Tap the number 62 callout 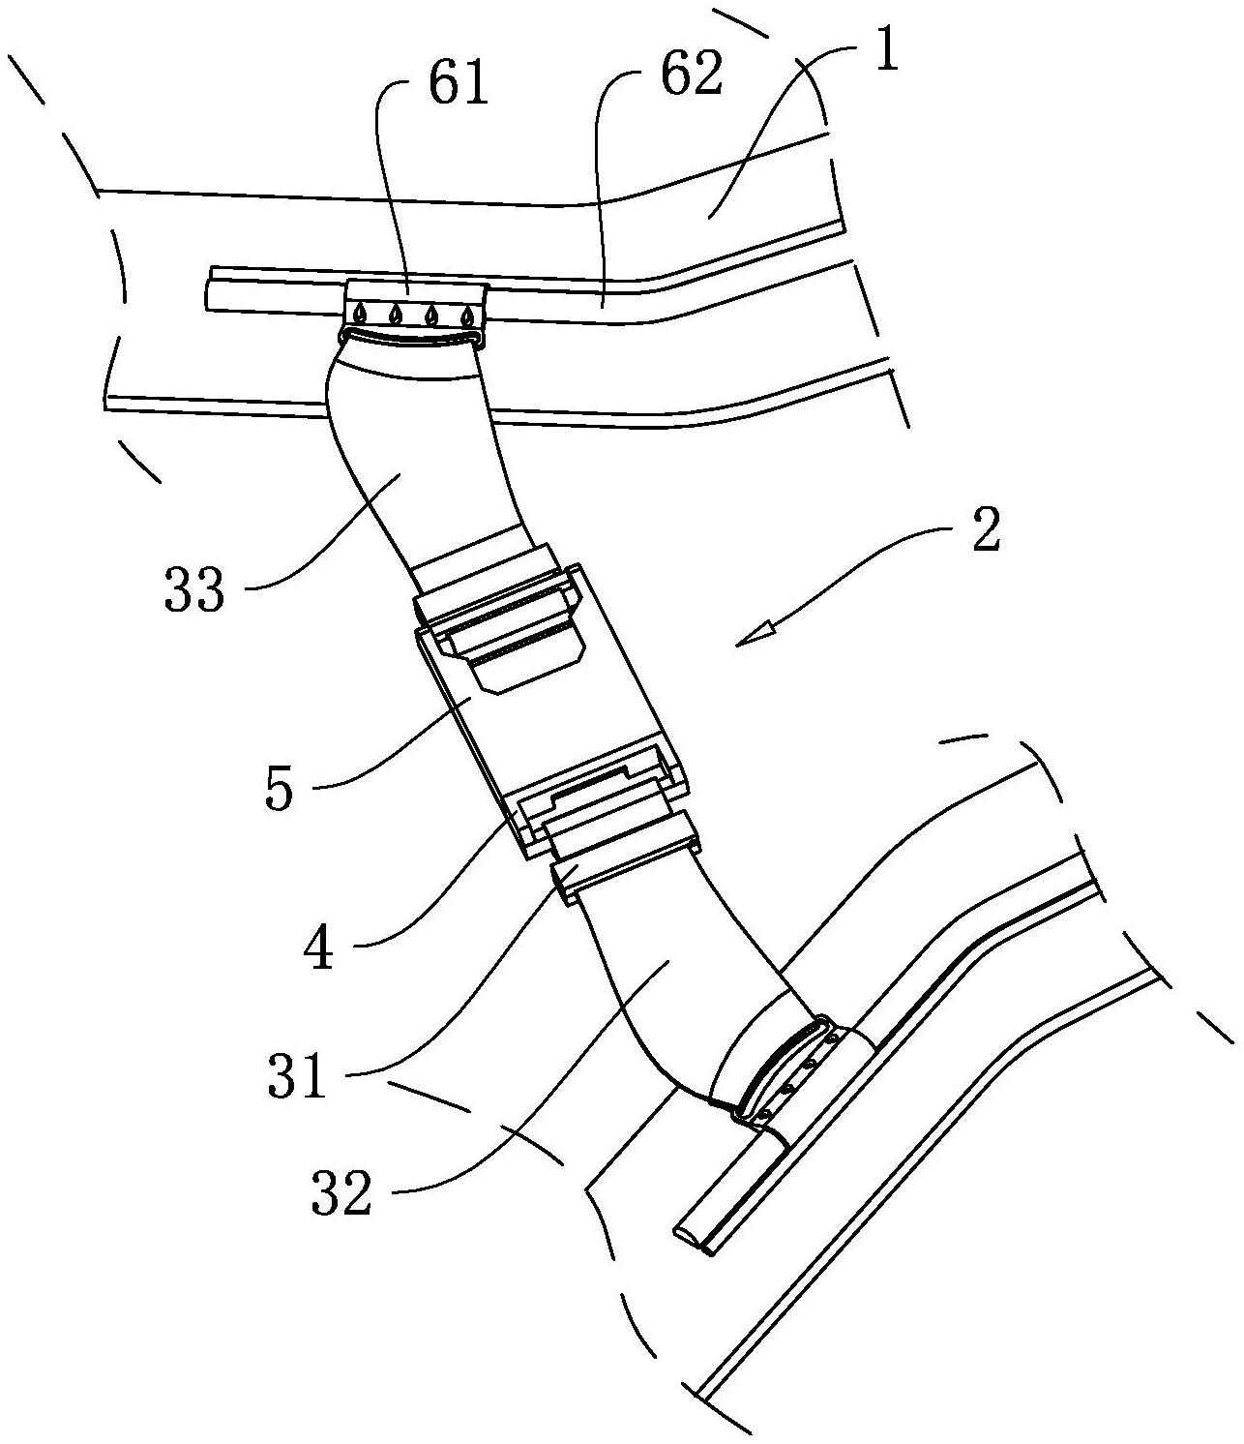pos(691,75)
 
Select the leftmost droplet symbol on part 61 pos(360,314)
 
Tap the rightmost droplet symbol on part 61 pos(467,316)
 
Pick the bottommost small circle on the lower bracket pos(767,1113)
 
